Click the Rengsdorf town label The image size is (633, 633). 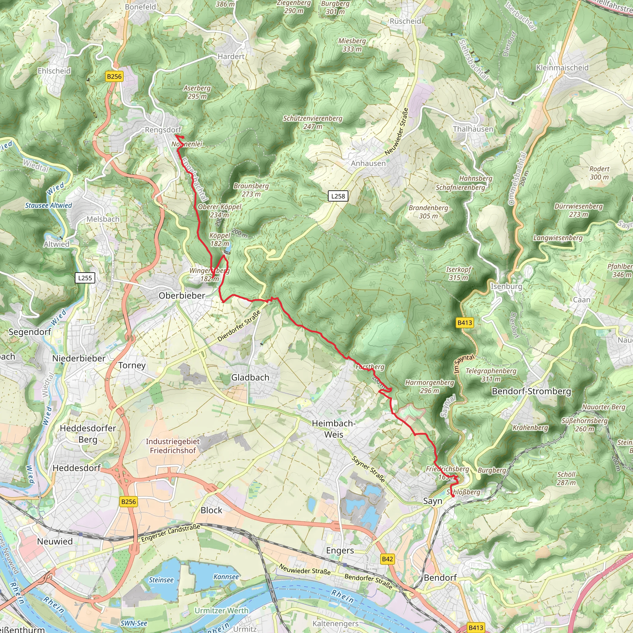click(163, 130)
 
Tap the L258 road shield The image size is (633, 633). click(338, 196)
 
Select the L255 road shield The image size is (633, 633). click(85, 278)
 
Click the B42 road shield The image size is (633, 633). click(387, 559)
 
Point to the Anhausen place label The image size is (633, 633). click(368, 163)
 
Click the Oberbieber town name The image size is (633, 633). click(182, 295)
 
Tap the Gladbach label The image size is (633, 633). click(250, 377)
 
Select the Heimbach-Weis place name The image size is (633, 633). click(333, 429)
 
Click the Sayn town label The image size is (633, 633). click(432, 501)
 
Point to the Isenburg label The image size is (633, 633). click(506, 286)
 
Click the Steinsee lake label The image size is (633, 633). click(161, 580)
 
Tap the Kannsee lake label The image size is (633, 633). click(226, 577)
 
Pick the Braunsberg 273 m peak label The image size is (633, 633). click(251, 190)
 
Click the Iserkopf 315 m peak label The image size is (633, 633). click(458, 273)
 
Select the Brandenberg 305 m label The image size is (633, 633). click(428, 212)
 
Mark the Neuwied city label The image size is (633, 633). click(55, 541)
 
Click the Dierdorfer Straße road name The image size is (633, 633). click(239, 326)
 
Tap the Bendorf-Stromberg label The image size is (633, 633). click(531, 391)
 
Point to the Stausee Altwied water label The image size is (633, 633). click(49, 206)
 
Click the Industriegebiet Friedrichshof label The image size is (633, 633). click(173, 446)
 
